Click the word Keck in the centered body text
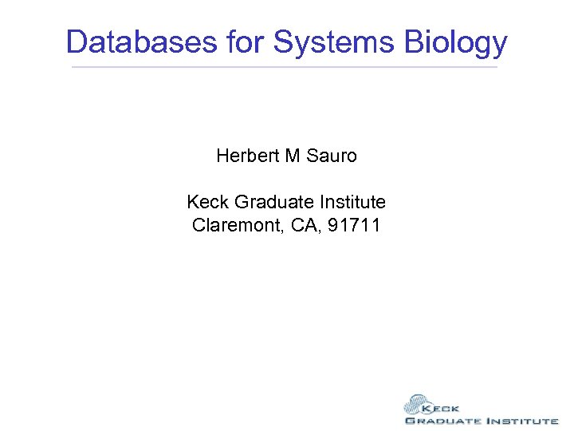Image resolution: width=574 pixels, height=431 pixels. [x=208, y=202]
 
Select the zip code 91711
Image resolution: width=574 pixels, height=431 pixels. [x=352, y=225]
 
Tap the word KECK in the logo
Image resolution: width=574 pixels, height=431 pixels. [x=443, y=407]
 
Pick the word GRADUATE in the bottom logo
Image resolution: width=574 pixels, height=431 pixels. [x=443, y=421]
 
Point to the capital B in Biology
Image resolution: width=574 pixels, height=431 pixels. [x=415, y=42]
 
